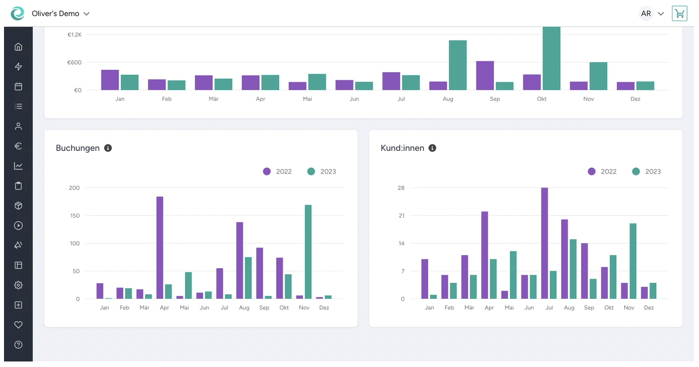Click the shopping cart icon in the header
(x=679, y=14)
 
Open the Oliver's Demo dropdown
(x=60, y=14)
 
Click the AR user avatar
(x=646, y=14)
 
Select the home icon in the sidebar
(x=19, y=47)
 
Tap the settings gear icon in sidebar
(x=19, y=285)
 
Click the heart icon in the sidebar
(x=19, y=325)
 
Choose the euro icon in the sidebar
(x=19, y=146)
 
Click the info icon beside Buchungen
(x=108, y=148)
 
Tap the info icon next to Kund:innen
(x=432, y=148)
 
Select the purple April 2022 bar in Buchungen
(x=160, y=248)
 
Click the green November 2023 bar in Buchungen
(x=308, y=252)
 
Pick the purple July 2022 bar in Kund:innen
(x=545, y=243)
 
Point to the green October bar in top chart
(x=552, y=58)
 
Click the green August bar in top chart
(x=458, y=65)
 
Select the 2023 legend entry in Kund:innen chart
(x=646, y=171)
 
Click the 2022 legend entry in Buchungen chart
(x=277, y=171)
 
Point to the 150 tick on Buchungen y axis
(x=74, y=216)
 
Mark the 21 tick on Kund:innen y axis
(x=401, y=216)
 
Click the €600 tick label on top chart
(x=74, y=63)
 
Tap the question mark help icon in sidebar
(x=19, y=345)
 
